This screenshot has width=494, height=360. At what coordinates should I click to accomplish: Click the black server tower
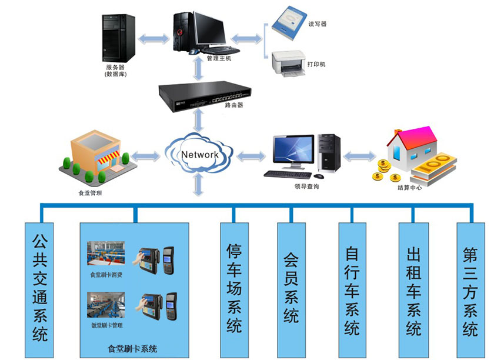pos(118,39)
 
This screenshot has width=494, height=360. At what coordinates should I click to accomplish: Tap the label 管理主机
pos(219,58)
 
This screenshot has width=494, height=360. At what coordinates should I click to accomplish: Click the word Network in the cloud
pos(200,155)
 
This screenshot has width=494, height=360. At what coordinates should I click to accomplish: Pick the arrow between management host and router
pos(199,70)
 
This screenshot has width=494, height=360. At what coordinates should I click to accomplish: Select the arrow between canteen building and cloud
pos(145,156)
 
